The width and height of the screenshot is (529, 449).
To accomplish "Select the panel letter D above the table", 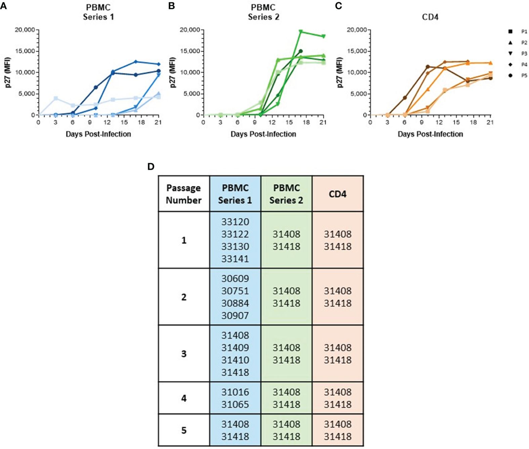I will [x=151, y=167].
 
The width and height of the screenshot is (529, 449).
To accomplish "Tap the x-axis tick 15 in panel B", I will [x=289, y=123].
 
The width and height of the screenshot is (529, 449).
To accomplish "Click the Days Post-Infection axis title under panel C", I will [x=430, y=134].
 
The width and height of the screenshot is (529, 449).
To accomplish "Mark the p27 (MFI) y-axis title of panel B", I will [x=172, y=72].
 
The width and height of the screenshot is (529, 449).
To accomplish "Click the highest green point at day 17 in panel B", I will [x=301, y=32].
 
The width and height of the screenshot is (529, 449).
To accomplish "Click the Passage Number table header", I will [x=184, y=194].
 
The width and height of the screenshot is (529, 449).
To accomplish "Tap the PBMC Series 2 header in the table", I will [x=286, y=194].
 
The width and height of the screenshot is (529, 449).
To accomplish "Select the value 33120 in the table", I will [x=235, y=222].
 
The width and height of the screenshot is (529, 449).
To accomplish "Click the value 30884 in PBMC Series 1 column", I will [x=235, y=303].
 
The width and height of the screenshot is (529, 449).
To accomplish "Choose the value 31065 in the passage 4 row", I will [x=235, y=404].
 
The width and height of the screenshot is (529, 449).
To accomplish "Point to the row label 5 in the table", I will [x=184, y=430].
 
